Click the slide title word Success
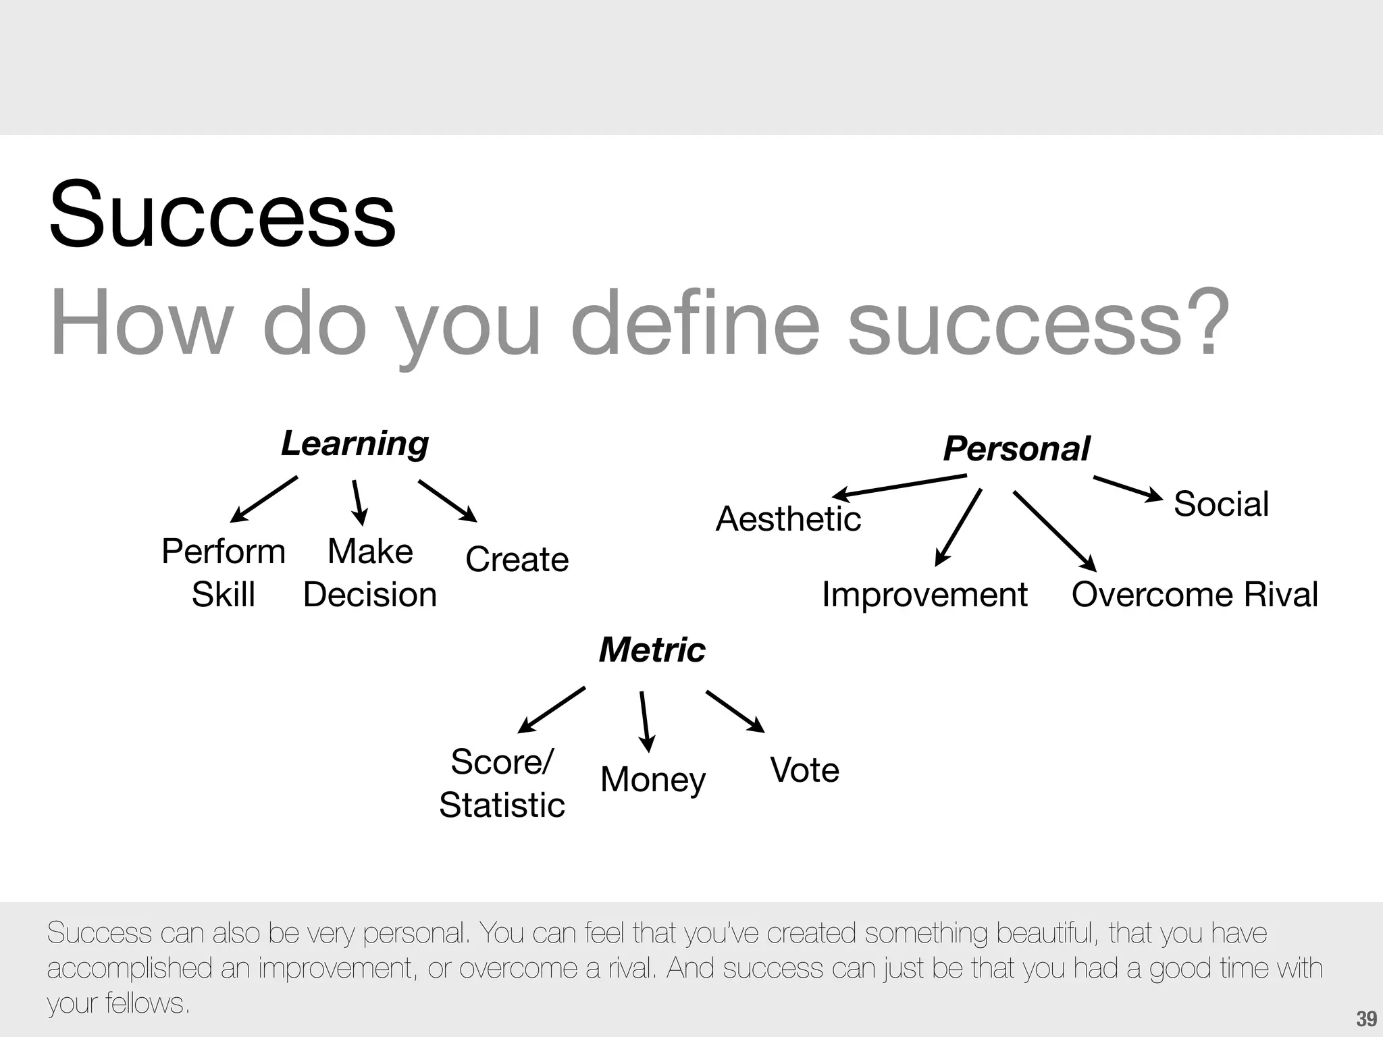222,215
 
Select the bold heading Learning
355,444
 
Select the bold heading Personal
1016,449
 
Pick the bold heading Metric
652,650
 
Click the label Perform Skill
224,573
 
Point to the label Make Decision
370,573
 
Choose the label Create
517,560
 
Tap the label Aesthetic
788,519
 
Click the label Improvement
924,595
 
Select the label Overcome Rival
1194,595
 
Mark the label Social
1221,504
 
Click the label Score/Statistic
502,783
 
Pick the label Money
652,780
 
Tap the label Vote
804,770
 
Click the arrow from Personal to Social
1127,488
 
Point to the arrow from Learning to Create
447,500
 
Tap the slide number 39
1366,1019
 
